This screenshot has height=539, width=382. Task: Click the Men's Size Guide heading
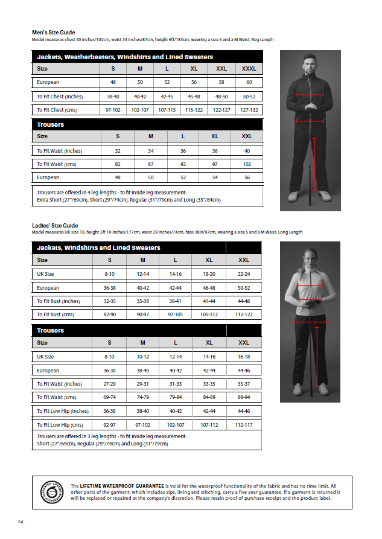pos(54,33)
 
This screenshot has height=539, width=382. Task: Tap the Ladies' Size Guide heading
pos(55,225)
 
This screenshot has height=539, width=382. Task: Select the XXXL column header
pos(249,69)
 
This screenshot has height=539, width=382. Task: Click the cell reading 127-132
pos(249,110)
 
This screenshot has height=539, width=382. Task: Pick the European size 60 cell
pos(249,82)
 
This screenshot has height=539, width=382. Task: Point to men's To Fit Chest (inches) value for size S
pos(113,97)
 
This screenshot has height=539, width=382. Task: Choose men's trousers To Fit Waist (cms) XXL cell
pos(247,164)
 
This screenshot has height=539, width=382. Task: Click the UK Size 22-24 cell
pos(244,274)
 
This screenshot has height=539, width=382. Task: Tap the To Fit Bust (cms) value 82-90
pos(109,315)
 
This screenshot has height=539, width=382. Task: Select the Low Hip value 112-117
pos(244,425)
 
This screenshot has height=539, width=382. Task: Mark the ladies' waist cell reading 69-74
pos(109,397)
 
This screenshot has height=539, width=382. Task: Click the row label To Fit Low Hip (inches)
pos(63,411)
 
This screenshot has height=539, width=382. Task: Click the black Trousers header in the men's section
pos(51,124)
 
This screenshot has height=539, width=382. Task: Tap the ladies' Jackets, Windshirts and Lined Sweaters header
pos(98,247)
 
